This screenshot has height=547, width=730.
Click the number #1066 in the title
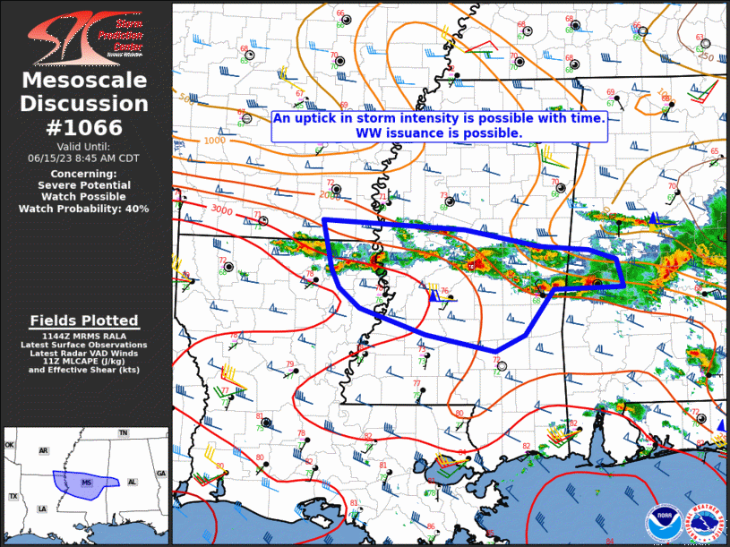(x=85, y=126)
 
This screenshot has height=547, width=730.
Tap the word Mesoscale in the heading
(x=85, y=81)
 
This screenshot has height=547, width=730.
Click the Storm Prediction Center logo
(x=85, y=36)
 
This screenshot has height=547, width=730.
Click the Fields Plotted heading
(x=84, y=321)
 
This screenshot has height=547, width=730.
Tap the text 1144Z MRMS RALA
(x=84, y=335)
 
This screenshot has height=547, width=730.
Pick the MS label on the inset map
(x=87, y=483)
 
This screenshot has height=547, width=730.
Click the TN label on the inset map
(x=124, y=433)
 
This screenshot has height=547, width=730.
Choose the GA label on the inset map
(x=161, y=474)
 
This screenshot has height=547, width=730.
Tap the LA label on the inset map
(x=41, y=509)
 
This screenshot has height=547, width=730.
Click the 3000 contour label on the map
(x=222, y=209)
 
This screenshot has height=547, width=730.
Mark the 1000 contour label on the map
(x=214, y=141)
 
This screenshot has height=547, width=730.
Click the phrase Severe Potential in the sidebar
(x=84, y=184)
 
